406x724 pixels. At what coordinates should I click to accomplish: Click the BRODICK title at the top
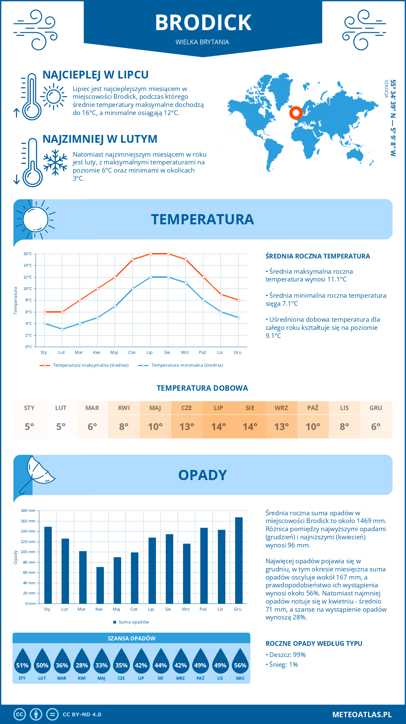point(203,23)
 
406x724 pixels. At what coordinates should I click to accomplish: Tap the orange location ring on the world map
point(296,113)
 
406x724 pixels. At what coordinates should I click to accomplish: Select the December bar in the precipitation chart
point(239,560)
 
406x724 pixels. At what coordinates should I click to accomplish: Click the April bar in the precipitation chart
point(100,585)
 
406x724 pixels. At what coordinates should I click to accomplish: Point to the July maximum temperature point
point(151,254)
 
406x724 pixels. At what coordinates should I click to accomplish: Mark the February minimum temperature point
point(62,329)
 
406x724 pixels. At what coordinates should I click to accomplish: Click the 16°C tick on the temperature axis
point(28,254)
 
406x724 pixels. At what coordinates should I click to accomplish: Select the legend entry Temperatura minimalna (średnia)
point(181,365)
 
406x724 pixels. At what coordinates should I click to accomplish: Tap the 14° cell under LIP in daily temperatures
point(218,427)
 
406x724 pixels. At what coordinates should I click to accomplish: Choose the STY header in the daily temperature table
point(29,408)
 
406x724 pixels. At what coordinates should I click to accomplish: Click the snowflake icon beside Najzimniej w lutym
point(55,162)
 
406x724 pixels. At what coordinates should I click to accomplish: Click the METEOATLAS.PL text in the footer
point(362,715)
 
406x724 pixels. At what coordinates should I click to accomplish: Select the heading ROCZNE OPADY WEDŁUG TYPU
point(314,643)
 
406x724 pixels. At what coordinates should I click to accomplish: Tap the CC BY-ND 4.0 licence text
point(82,715)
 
